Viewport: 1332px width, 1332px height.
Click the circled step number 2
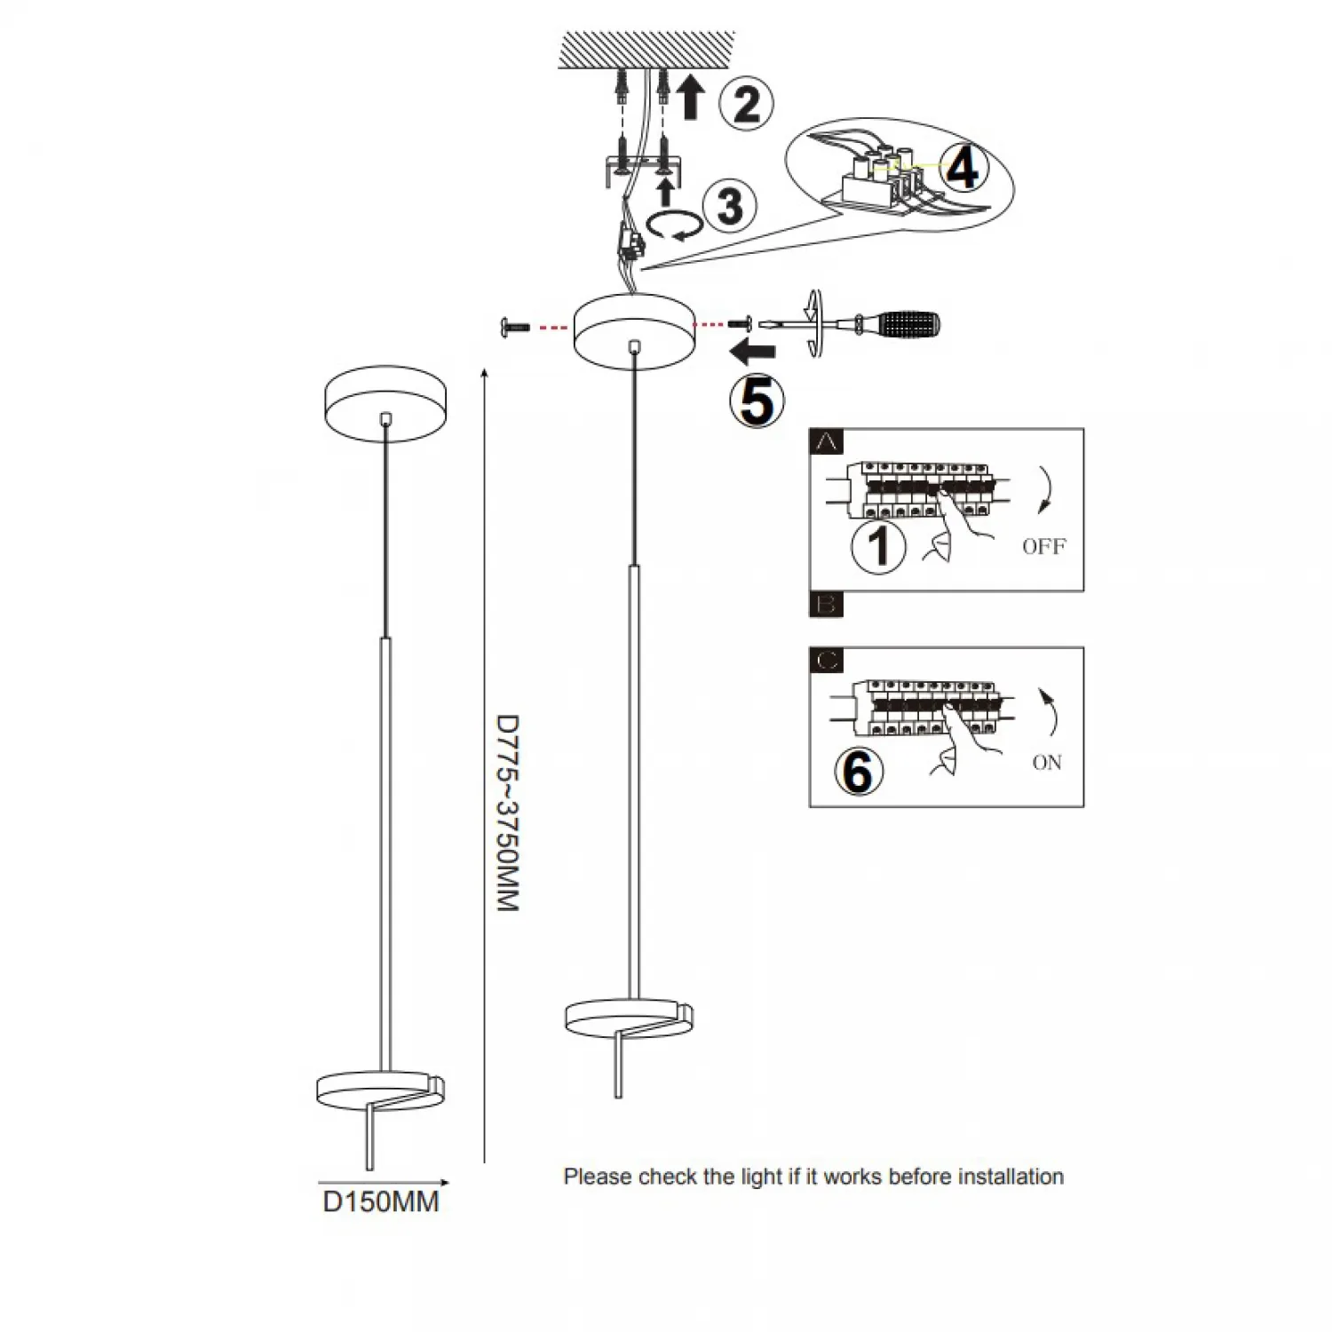coord(746,103)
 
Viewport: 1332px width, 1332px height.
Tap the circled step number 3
coord(729,206)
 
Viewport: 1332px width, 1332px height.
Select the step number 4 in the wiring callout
coord(963,167)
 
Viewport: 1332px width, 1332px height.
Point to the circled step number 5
coord(757,401)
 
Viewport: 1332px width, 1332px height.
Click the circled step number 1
coord(878,545)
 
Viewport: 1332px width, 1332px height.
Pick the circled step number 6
coord(859,770)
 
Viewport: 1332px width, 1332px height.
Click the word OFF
coord(1043,546)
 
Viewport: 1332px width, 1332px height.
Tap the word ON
coord(1047,763)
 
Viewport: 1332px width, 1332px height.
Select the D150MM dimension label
coord(380,1202)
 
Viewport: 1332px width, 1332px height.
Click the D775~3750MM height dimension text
coord(507,813)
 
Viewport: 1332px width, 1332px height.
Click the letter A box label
coord(827,441)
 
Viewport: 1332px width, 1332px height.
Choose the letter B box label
coord(827,605)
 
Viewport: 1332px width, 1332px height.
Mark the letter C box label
coord(827,661)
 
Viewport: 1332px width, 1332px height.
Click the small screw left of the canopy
coord(514,328)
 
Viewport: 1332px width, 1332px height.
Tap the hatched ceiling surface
coord(646,50)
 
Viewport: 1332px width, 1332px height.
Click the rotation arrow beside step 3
coord(671,226)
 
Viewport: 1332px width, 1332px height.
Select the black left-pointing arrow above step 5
coord(752,353)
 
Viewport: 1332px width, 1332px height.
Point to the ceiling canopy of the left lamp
coord(385,403)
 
